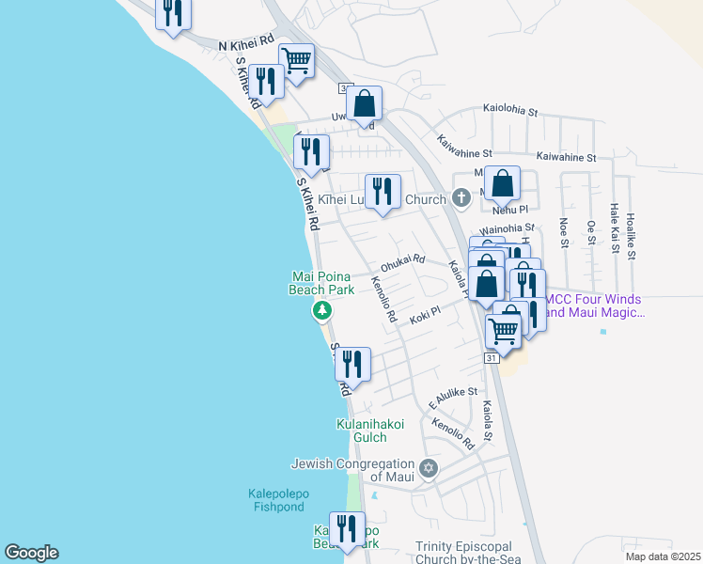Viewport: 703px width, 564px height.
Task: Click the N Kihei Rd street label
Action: tap(245, 44)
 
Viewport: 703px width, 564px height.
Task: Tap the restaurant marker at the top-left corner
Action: tap(173, 13)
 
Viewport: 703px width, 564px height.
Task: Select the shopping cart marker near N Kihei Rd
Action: tap(296, 62)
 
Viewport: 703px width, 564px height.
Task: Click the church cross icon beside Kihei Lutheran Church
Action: tap(461, 199)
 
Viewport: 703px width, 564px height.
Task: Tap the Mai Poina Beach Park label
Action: tap(322, 283)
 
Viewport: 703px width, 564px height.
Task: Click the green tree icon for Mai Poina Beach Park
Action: tap(322, 310)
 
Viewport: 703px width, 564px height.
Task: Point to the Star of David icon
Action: tap(428, 468)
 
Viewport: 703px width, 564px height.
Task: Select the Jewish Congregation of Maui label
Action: tap(353, 470)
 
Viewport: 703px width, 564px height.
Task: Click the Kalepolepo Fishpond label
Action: tap(277, 500)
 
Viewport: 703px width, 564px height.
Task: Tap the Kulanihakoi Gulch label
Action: tap(370, 431)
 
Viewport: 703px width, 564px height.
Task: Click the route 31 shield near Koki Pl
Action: tap(492, 358)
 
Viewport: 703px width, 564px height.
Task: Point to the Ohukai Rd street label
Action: tap(403, 259)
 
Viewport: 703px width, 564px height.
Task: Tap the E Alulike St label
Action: tap(454, 397)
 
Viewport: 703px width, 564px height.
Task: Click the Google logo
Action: tap(31, 553)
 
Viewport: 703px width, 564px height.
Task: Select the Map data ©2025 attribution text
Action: tap(662, 556)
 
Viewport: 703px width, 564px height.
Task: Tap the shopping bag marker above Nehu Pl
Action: tap(503, 184)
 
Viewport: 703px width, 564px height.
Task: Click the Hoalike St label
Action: tap(631, 235)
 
